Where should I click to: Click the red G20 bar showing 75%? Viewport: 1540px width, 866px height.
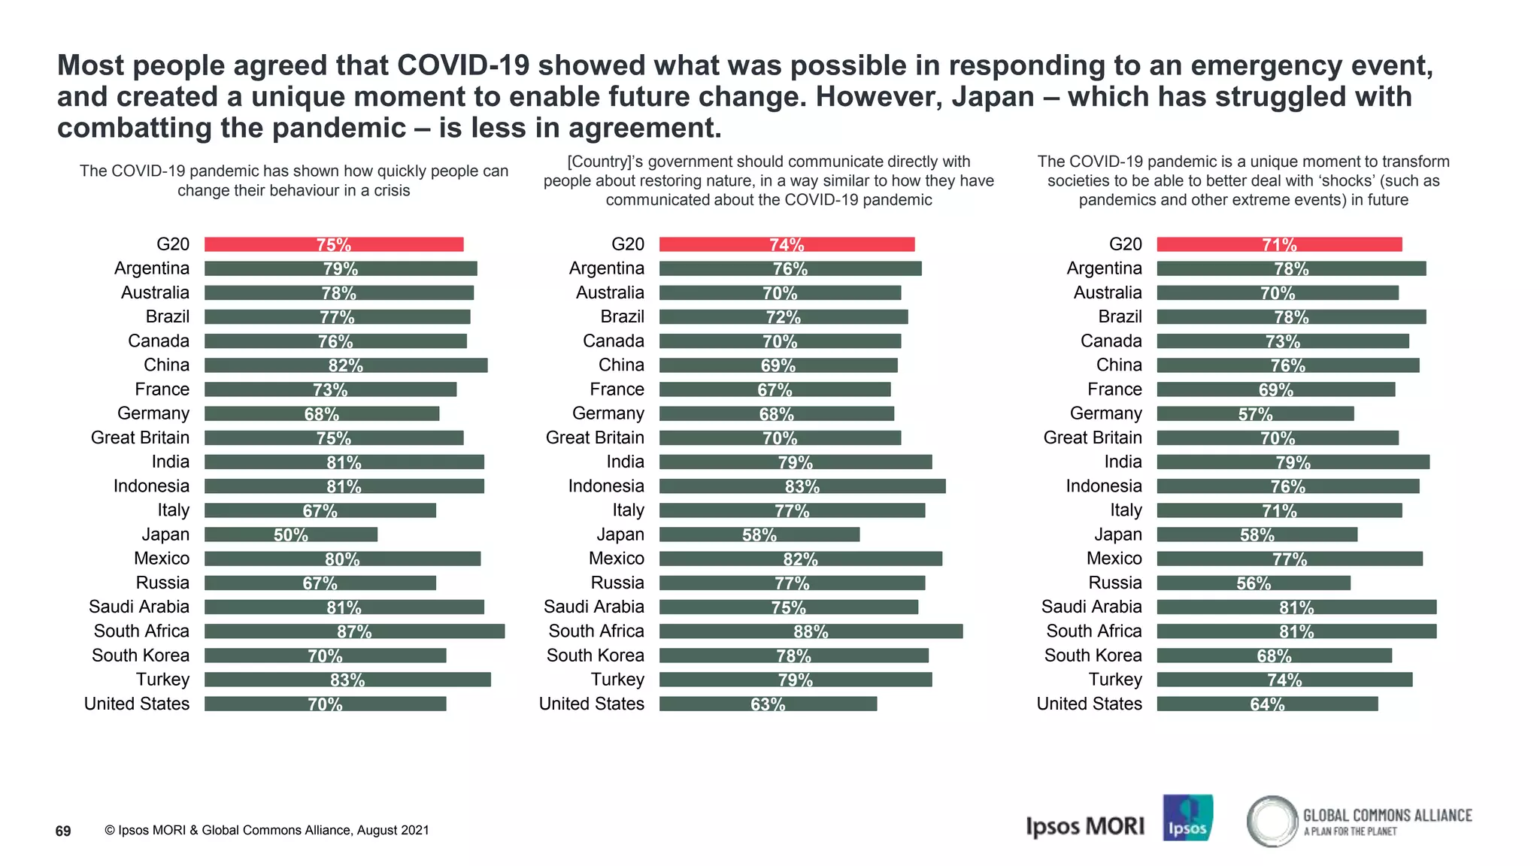[x=334, y=244]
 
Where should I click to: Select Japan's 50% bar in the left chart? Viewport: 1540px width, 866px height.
[x=291, y=534]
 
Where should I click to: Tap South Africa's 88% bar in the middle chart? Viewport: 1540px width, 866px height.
[x=811, y=631]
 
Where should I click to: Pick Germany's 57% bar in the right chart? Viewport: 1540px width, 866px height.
[x=1255, y=413]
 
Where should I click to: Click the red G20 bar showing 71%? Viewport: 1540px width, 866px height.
[x=1279, y=244]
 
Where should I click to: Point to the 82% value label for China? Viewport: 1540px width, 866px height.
[x=346, y=365]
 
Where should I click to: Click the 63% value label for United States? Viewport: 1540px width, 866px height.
[x=768, y=704]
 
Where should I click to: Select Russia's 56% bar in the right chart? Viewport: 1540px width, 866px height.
[x=1254, y=583]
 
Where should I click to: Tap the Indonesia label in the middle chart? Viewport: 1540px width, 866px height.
[x=606, y=486]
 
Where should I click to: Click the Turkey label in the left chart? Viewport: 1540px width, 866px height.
[x=162, y=680]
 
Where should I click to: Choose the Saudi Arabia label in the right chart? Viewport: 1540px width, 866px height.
[x=1091, y=607]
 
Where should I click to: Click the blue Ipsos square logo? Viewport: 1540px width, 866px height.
[x=1187, y=817]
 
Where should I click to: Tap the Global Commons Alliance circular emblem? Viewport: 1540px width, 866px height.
[x=1272, y=821]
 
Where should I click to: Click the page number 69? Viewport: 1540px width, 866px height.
[x=63, y=831]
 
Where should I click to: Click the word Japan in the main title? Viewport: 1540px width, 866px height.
[x=993, y=97]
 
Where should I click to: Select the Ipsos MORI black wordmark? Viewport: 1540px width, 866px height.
[x=1085, y=826]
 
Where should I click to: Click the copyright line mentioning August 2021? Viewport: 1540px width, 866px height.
[x=267, y=830]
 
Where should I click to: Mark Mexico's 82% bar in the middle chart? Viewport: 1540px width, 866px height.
[x=800, y=559]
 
